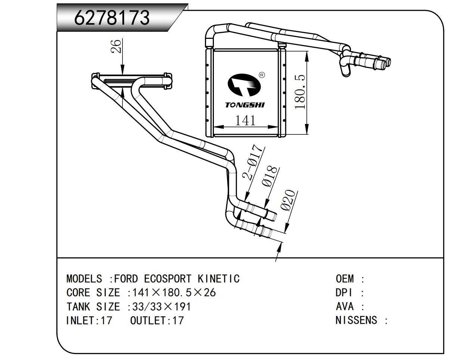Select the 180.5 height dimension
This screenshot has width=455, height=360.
coord(300,92)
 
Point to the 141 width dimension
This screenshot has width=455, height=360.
coord(245,120)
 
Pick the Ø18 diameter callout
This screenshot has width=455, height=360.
coord(271,176)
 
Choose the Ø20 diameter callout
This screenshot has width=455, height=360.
coord(289,201)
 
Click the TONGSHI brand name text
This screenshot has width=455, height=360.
coord(244,105)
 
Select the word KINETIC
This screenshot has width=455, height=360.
coord(218,279)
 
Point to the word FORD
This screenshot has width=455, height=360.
coord(126,279)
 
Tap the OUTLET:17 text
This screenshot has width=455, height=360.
coord(157,320)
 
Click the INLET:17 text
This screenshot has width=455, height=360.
coord(89,320)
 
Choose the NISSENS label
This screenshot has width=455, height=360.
coord(356,320)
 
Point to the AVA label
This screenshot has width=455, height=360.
coord(345,307)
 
